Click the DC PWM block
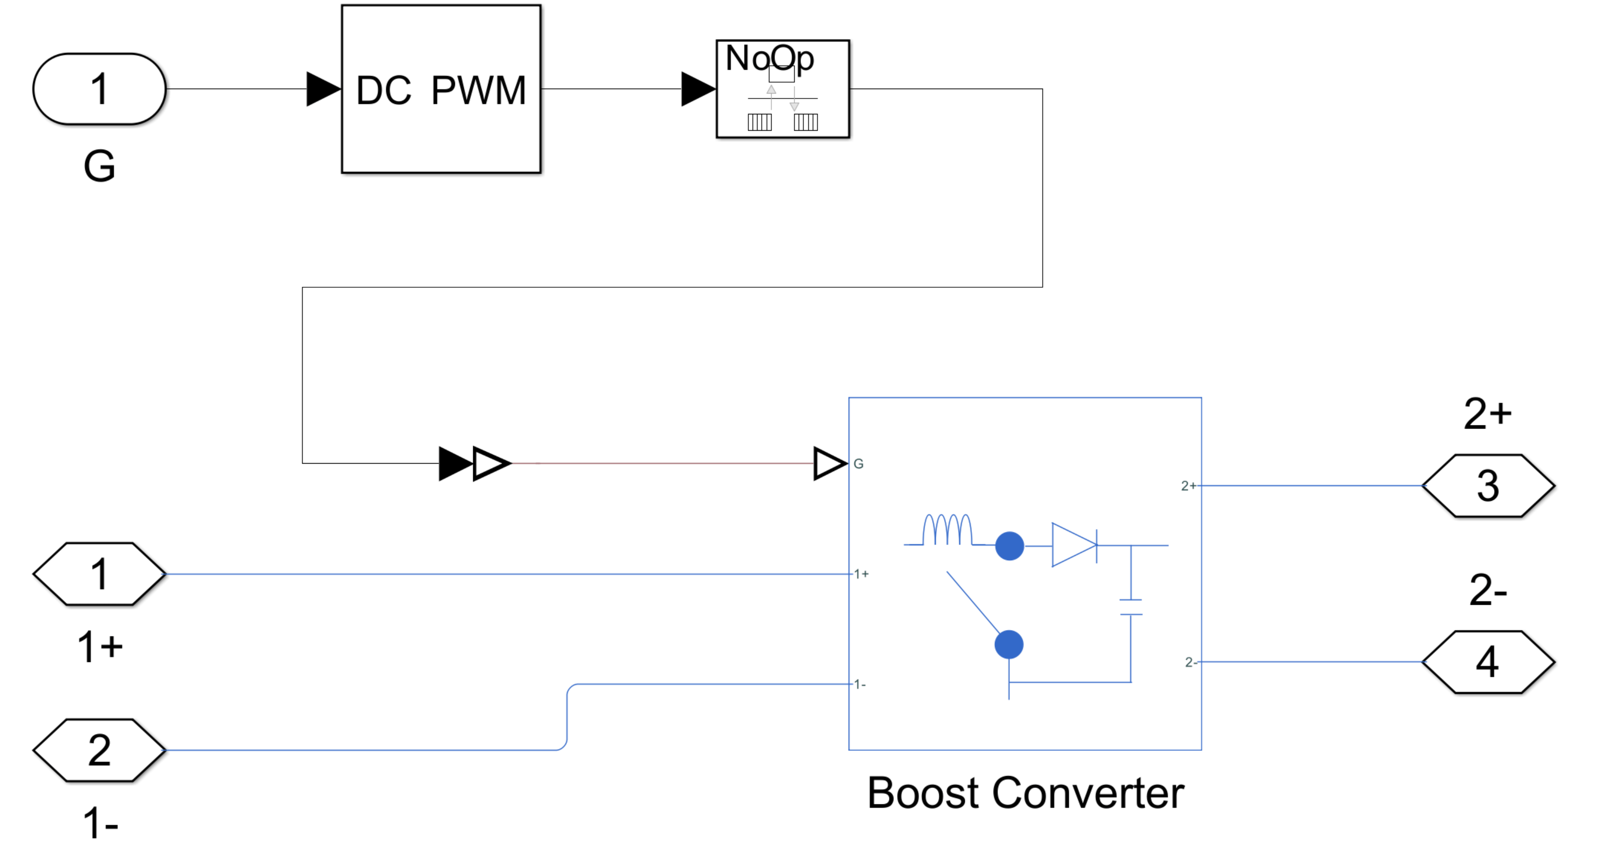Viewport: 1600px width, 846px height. (x=441, y=89)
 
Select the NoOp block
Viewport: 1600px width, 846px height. (x=782, y=89)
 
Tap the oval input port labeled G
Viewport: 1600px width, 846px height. (x=100, y=89)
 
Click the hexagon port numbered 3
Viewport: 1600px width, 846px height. (x=1488, y=485)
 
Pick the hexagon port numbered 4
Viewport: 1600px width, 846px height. (x=1488, y=662)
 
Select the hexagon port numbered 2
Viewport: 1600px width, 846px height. (x=100, y=750)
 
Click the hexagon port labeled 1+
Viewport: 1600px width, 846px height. (x=100, y=574)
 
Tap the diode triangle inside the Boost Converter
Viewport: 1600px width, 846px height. (x=1073, y=545)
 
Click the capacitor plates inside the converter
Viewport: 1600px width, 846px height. (x=1130, y=607)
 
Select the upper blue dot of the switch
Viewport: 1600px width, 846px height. (x=1009, y=546)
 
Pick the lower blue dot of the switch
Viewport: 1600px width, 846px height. (x=1009, y=644)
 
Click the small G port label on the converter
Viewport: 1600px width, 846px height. (x=858, y=464)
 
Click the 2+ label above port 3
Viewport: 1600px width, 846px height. (x=1487, y=414)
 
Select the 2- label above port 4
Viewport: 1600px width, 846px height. (x=1488, y=589)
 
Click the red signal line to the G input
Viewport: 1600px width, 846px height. (x=662, y=463)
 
